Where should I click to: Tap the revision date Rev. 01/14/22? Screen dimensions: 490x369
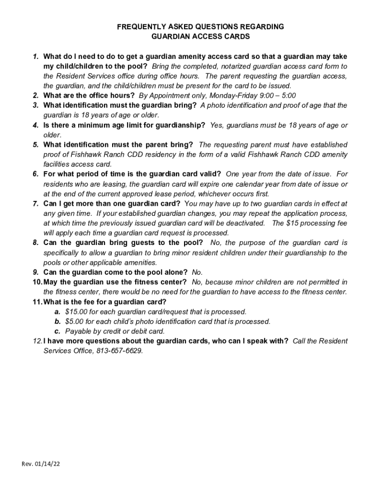(x=41, y=464)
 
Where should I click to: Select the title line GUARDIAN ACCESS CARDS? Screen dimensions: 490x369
(x=200, y=36)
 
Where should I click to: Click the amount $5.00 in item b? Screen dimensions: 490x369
(x=74, y=322)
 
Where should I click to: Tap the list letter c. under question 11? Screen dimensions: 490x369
(x=58, y=331)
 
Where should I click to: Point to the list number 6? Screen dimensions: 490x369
(x=36, y=174)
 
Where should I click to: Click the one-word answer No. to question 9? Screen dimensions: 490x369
(x=197, y=272)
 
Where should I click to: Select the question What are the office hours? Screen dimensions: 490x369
(x=89, y=95)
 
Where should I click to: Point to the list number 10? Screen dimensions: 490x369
(x=37, y=282)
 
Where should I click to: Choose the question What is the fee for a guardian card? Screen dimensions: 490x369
(x=104, y=302)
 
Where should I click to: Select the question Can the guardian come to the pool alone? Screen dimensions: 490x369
(x=115, y=272)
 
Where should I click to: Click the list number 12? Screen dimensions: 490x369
(x=37, y=341)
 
